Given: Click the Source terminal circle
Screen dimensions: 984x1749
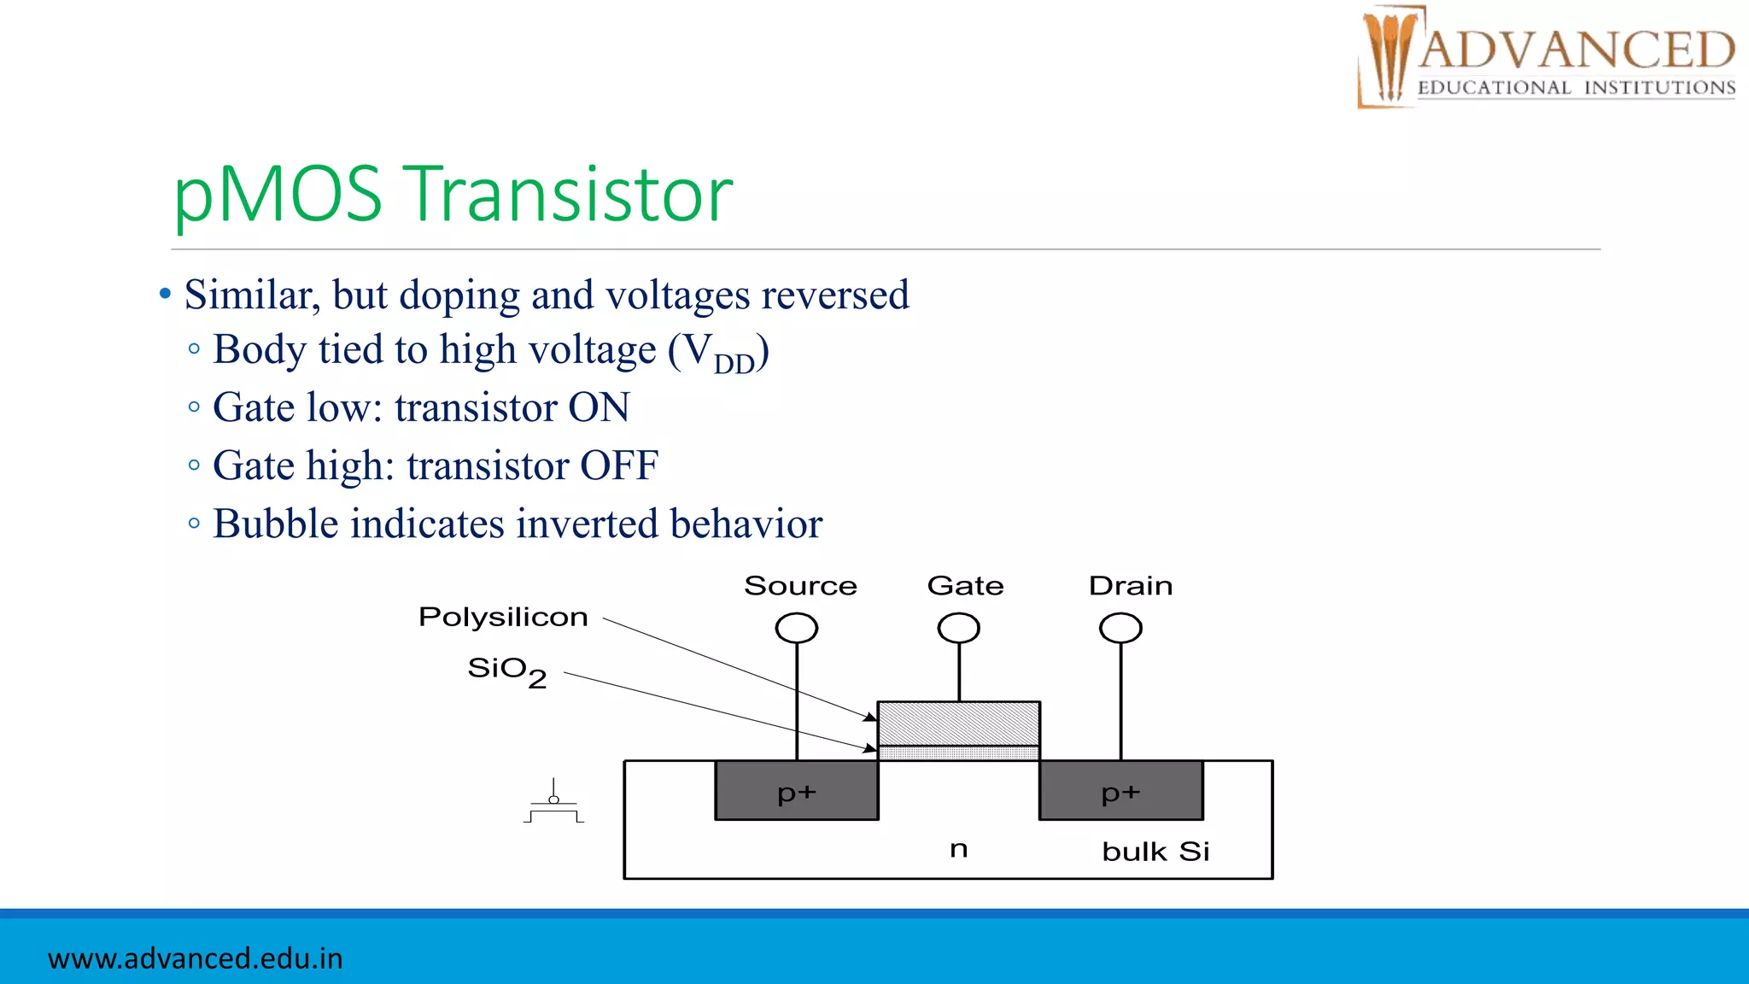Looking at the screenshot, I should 796,628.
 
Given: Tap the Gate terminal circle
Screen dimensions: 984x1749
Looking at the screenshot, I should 958,628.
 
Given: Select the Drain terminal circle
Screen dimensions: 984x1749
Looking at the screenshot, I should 1120,628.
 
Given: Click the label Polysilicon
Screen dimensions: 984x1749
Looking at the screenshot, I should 503,617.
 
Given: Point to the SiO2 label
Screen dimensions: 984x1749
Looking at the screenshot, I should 506,671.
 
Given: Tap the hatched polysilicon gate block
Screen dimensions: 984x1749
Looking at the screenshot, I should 958,723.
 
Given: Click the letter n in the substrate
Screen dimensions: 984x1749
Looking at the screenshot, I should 958,849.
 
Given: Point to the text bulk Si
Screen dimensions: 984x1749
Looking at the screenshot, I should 1155,852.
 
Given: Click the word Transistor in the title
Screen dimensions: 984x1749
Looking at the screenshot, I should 568,195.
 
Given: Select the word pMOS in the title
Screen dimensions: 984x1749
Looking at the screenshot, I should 278,195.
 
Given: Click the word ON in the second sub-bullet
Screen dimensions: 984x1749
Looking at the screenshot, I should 599,407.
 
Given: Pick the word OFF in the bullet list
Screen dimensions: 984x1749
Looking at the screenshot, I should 618,466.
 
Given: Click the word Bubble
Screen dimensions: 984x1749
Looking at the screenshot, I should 274,524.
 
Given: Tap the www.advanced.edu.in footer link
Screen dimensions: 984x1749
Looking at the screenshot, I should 195,958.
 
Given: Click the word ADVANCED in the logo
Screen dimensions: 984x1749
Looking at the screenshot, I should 1576,50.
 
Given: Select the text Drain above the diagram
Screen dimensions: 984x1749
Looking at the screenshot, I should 1130,586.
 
